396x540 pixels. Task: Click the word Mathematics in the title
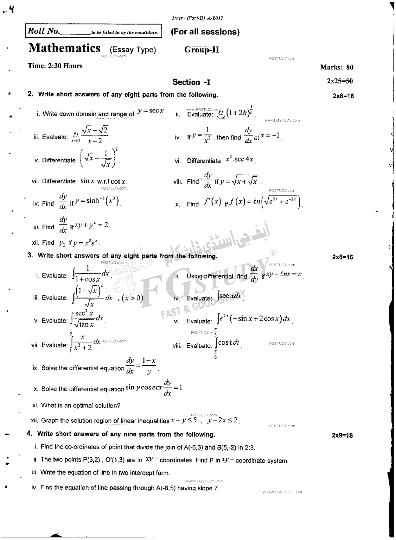(64, 48)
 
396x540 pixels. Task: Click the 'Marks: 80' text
(336, 67)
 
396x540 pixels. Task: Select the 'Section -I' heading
(191, 82)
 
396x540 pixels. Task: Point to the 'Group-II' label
(202, 50)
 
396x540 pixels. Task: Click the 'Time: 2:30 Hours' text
(55, 66)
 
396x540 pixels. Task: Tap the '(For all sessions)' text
(205, 32)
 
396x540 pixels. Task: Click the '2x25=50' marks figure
(340, 81)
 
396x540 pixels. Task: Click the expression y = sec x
(151, 111)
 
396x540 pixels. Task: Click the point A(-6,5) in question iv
(166, 488)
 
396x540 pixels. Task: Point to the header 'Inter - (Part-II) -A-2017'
(198, 18)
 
